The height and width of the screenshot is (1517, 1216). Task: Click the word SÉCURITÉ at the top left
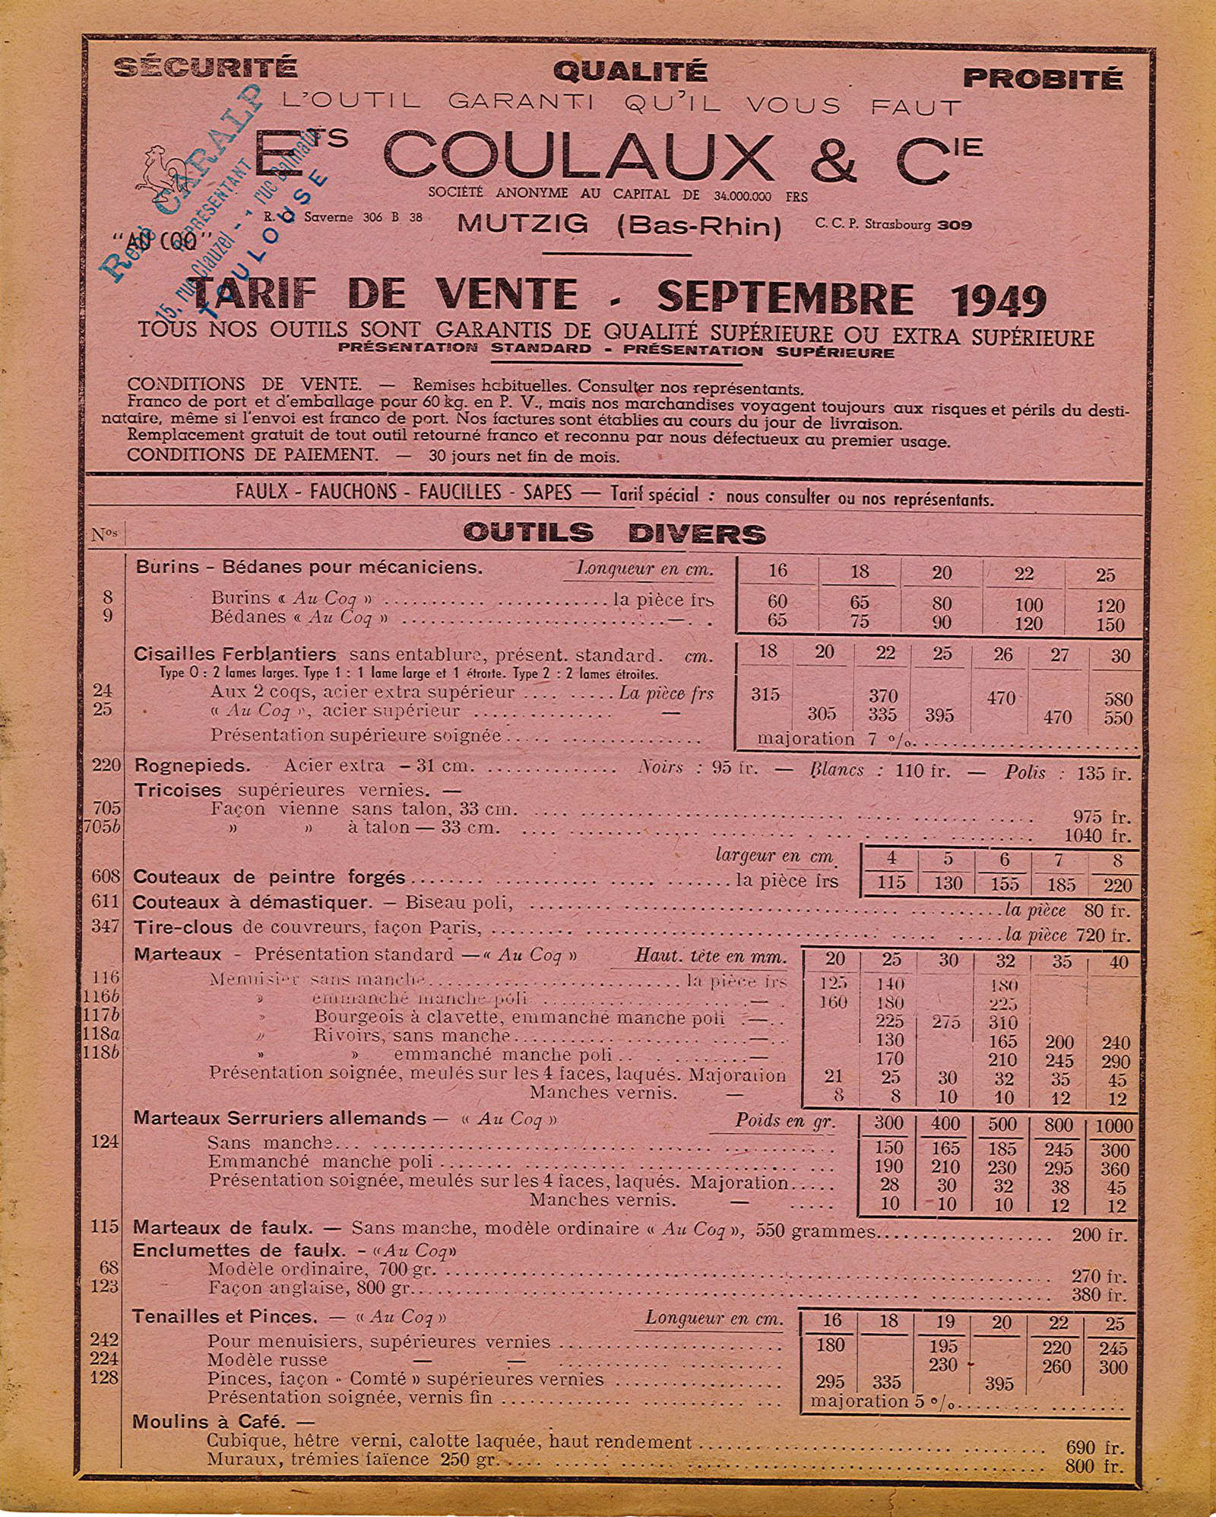pyautogui.click(x=205, y=68)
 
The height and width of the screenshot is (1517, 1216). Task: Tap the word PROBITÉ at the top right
pyautogui.click(x=1042, y=78)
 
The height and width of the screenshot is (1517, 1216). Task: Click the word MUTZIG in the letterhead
pyautogui.click(x=523, y=223)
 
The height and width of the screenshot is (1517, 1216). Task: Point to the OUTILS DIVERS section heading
pyautogui.click(x=614, y=534)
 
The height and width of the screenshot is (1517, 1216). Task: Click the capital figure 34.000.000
pyautogui.click(x=742, y=196)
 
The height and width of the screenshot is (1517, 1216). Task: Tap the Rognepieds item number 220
pyautogui.click(x=106, y=765)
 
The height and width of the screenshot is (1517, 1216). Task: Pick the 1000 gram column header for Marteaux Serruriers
pyautogui.click(x=1113, y=1126)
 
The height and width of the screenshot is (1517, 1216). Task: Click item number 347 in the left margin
pyautogui.click(x=106, y=926)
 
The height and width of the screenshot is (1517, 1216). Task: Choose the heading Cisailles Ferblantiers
pyautogui.click(x=235, y=654)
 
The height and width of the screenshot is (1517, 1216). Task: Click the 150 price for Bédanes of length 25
pyautogui.click(x=1110, y=625)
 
